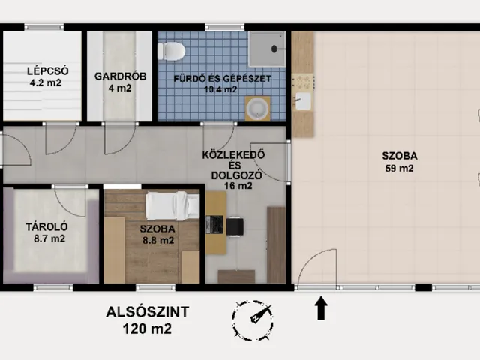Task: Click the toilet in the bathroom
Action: coord(171,51)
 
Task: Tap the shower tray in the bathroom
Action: coord(267,49)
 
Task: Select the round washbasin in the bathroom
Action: coord(258,109)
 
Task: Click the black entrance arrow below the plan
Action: coord(321,308)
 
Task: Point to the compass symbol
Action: coord(253,320)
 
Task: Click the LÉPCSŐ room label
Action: coord(47,71)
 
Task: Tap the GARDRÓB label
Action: coord(120,76)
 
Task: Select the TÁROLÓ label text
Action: coord(46,226)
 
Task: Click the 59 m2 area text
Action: coord(399,168)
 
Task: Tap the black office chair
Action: coord(235,226)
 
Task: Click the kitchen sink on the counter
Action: coord(302,101)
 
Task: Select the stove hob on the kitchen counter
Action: coord(303,82)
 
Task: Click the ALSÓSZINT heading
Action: coord(147,312)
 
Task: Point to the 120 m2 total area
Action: coord(147,328)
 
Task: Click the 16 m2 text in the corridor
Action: coord(238,186)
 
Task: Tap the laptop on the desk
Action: coord(214,225)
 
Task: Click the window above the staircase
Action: coord(44,27)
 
